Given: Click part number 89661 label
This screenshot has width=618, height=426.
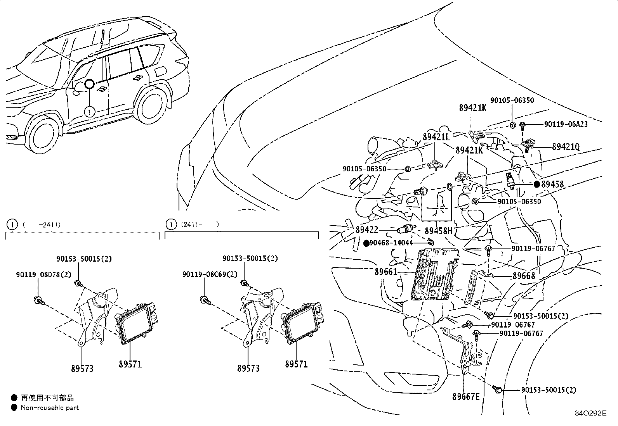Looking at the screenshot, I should point(386,272).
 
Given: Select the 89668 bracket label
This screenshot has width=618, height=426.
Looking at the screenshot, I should point(524,276).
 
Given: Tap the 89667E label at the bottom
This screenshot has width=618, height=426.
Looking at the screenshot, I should point(466,397).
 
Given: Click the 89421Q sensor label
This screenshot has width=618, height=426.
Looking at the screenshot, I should point(566,147).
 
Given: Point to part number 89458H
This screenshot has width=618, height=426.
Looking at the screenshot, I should point(438,231).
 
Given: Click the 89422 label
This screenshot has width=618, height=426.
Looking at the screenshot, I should point(366,230).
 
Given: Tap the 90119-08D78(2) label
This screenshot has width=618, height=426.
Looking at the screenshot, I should point(43,274).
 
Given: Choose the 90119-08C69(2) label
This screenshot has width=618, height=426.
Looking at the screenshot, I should point(210,274).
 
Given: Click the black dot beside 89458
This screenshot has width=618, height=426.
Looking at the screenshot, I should point(537,185).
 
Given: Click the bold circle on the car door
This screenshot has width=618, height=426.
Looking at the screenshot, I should point(90,84).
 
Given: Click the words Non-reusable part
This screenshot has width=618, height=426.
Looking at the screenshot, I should point(50,408).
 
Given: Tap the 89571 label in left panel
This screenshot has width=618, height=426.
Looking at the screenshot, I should point(130,364).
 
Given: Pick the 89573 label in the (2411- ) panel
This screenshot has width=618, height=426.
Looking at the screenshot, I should point(248,368).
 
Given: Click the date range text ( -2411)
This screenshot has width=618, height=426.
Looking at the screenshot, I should point(41,224).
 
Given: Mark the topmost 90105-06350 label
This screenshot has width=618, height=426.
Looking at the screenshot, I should point(512,100).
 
